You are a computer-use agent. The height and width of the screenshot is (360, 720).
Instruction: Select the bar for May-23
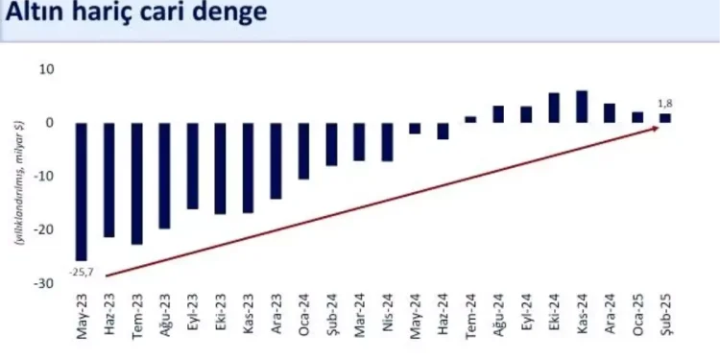[81, 191]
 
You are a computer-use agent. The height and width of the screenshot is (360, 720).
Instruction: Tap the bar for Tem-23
[136, 183]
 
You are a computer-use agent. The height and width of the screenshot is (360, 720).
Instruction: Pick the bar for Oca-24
[303, 151]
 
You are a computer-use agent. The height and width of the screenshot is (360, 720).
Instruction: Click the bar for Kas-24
[582, 107]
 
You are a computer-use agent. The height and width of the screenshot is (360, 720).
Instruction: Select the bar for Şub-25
[665, 118]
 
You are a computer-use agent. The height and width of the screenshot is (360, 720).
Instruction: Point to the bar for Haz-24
[443, 131]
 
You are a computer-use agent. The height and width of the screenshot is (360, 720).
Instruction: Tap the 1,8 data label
[665, 103]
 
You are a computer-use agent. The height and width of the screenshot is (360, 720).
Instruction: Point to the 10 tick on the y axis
[46, 69]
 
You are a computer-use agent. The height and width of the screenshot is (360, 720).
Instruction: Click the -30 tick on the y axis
[44, 283]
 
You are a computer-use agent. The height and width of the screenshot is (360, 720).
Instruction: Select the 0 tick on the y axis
[50, 123]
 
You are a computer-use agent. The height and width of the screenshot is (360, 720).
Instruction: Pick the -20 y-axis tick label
[44, 229]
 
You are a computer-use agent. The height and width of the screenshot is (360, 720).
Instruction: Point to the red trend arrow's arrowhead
[656, 128]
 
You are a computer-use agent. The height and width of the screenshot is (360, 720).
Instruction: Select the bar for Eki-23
[220, 168]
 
